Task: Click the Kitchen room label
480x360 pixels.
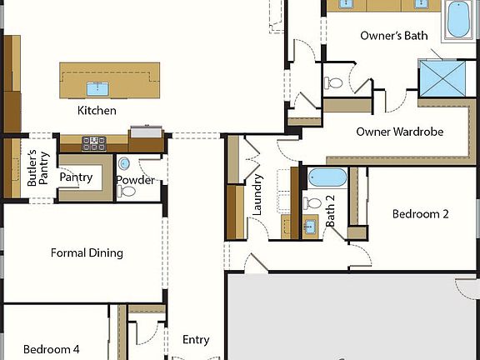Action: (97, 110)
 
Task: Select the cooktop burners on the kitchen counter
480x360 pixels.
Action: (93, 142)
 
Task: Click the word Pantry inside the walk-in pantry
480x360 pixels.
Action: (76, 177)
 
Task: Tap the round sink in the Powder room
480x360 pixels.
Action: (124, 163)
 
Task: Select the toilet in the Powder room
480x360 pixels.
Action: (127, 191)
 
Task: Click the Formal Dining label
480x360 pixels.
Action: (87, 252)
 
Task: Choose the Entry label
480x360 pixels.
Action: (196, 339)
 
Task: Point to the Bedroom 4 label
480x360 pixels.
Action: (52, 349)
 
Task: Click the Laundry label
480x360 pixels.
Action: (257, 195)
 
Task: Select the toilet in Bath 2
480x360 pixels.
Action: (313, 203)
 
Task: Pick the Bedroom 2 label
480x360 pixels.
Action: (421, 214)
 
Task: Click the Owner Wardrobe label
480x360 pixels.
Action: (399, 132)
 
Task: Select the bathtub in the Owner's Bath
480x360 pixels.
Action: (457, 20)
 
